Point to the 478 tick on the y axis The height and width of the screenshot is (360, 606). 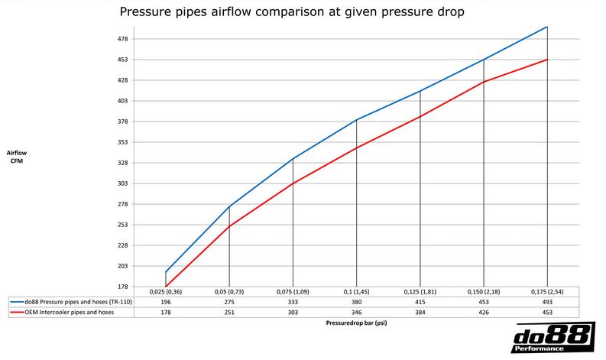(x=122, y=39)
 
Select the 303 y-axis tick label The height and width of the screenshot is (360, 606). (x=122, y=184)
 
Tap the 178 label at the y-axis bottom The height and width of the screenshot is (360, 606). (x=122, y=287)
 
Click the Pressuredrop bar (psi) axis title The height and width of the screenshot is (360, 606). (x=356, y=323)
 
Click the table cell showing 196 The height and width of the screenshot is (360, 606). (x=166, y=303)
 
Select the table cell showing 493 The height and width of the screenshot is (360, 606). (x=546, y=303)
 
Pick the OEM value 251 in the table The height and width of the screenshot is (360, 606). (x=229, y=313)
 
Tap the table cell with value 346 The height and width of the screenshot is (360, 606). (x=356, y=313)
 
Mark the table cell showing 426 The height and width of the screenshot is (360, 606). (x=483, y=313)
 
